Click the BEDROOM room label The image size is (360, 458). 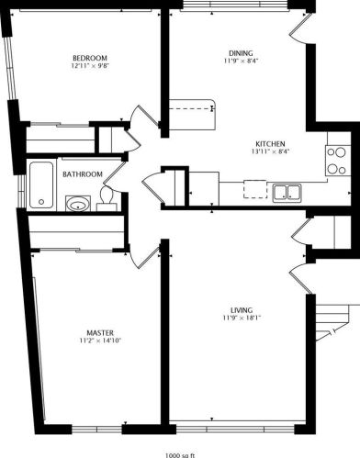(89, 57)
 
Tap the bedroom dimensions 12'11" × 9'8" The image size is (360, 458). (89, 66)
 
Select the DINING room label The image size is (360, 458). (242, 52)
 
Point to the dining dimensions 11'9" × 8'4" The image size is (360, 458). (242, 61)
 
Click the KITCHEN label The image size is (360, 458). (271, 144)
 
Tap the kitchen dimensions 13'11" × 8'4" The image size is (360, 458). (271, 153)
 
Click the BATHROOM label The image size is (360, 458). (82, 173)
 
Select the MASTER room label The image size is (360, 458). (100, 332)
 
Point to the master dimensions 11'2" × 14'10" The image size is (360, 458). (100, 341)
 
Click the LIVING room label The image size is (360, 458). (242, 310)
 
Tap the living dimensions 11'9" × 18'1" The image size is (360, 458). (242, 319)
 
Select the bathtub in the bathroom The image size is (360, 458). (39, 184)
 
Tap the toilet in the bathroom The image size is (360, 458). (107, 197)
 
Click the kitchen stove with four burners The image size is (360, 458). (337, 161)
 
